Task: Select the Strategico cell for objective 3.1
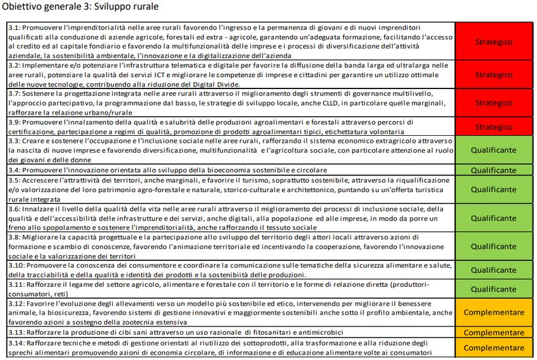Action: pos(493,42)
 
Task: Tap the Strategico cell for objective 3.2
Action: pos(493,75)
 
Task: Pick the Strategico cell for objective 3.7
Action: pos(493,103)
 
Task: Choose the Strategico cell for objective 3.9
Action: pos(493,127)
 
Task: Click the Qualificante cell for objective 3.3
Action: pos(493,151)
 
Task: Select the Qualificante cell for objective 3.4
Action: pos(493,171)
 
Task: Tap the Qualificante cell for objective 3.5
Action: pos(493,189)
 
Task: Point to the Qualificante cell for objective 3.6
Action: pos(493,218)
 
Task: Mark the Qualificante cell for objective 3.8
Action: pos(493,247)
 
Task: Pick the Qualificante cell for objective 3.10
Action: pos(493,271)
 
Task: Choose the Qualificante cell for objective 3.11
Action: pos(493,289)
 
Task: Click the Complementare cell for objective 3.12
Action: pos(493,313)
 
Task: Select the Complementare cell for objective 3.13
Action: pos(493,332)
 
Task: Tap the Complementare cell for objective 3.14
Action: pos(493,347)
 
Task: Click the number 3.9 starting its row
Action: pos(15,122)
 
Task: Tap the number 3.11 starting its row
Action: pos(17,285)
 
